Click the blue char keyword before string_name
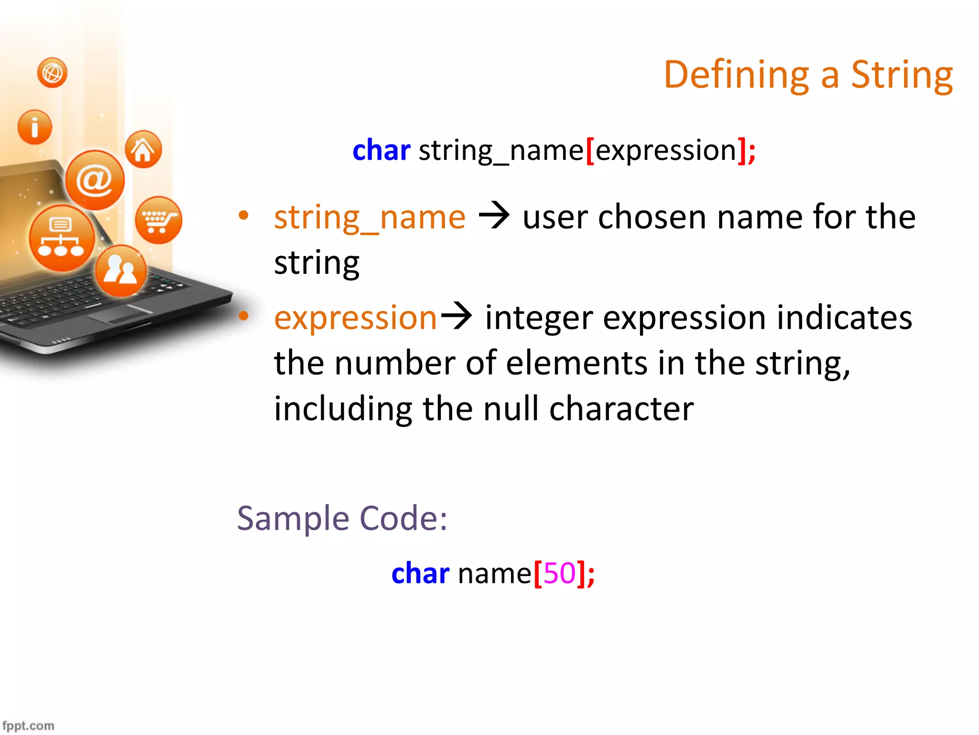coord(381,150)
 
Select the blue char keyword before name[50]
coord(420,573)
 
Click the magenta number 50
coord(559,573)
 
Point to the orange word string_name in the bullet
coord(370,218)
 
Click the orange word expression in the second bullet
coord(355,318)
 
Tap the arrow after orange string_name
coord(494,216)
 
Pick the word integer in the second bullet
coord(539,318)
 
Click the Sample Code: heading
coord(342,518)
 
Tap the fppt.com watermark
coord(28,725)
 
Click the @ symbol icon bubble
coord(95,180)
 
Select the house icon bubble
coord(143,150)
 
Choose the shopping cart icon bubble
coord(158,220)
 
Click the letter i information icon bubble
coord(34,127)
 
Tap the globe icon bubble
coord(52,73)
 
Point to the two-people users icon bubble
coord(120,271)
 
